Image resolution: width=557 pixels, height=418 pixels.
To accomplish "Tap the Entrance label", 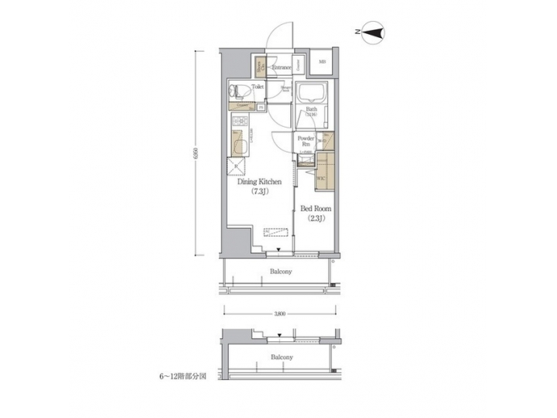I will pos(281,67).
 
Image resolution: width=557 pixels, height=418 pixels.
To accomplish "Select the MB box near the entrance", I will pos(322,63).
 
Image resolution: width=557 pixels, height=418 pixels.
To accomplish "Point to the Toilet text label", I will pos(258,87).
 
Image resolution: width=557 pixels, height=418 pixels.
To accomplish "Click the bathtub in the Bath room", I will pos(312,96).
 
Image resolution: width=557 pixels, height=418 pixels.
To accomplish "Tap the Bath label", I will pos(311,110).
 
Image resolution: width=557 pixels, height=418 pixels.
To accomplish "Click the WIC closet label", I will pos(319,179).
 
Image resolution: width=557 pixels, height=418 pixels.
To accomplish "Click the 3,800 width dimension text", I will pos(280,313).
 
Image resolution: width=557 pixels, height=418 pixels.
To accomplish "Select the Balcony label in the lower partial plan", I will pos(281,357).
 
